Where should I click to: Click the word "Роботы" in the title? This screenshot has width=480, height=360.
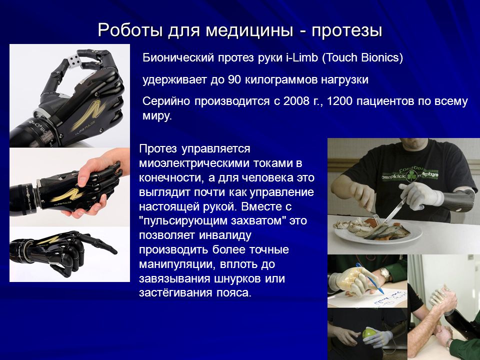click(x=130, y=30)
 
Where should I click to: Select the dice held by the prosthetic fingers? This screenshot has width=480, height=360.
click(x=74, y=60)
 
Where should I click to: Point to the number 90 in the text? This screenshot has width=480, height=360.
click(x=235, y=79)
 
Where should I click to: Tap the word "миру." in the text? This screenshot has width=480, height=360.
click(x=157, y=116)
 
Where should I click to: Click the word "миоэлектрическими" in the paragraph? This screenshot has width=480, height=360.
click(x=194, y=163)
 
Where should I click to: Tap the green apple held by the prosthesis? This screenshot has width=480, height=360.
click(x=369, y=333)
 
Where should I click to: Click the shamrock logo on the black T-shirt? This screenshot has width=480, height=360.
click(x=410, y=176)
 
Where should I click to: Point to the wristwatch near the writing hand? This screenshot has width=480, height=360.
click(x=385, y=274)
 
